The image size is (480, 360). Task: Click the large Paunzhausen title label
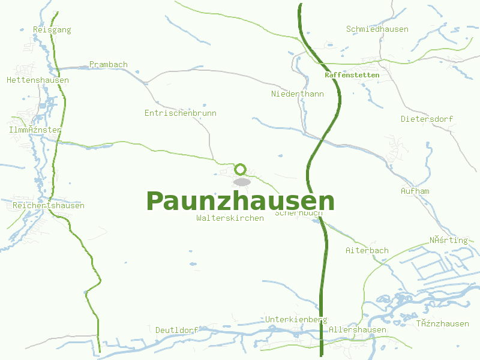240,201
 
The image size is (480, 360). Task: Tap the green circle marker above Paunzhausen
241,169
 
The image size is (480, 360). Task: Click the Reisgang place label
52,29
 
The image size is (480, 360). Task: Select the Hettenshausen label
38,80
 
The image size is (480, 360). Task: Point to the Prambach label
109,64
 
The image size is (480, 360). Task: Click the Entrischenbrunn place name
181,113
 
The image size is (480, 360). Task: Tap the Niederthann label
298,94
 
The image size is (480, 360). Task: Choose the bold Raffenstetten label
352,75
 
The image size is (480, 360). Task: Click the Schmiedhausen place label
377,29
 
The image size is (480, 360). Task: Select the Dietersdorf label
427,119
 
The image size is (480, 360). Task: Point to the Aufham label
415,191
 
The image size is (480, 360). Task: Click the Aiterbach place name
367,250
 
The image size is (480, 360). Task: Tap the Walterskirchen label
230,218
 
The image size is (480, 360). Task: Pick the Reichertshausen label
49,205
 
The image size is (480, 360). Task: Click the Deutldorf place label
177,330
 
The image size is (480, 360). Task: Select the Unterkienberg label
296,320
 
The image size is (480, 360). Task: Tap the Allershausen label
358,329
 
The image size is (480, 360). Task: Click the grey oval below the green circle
242,182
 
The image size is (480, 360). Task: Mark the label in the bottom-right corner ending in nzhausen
443,323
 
